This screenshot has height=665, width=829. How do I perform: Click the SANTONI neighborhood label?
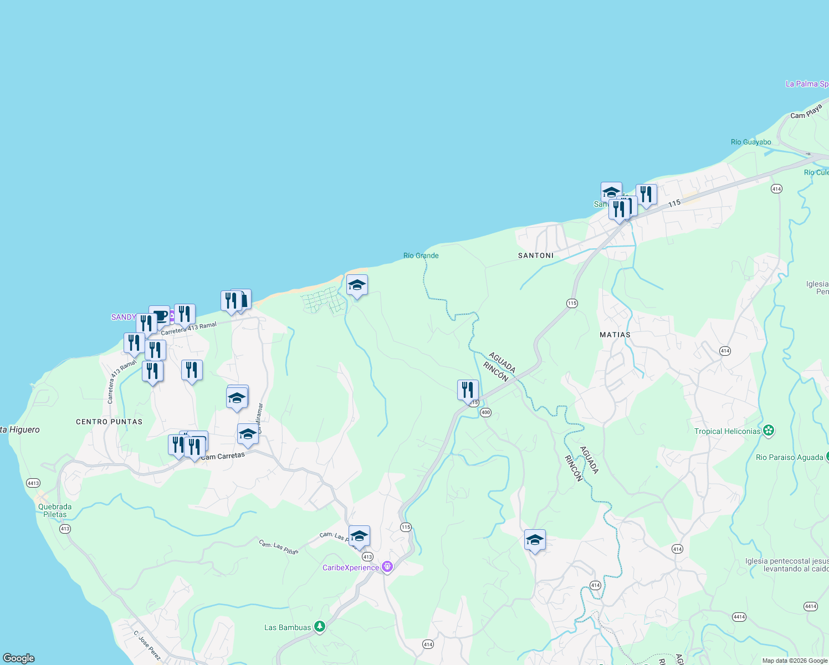pos(535,255)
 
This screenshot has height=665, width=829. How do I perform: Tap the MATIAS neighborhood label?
pos(615,335)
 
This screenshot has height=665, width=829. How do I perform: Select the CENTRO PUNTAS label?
pos(109,422)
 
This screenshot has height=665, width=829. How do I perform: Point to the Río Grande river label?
pos(421,255)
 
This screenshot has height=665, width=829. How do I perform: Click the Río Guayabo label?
pos(750,142)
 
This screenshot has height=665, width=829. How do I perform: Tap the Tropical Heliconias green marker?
pos(768,431)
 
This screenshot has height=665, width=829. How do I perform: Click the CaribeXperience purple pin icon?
pos(387,567)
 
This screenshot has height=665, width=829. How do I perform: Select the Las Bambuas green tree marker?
pos(319,627)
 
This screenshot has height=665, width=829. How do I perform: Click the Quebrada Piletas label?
pos(55,510)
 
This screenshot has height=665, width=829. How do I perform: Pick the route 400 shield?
pos(485,412)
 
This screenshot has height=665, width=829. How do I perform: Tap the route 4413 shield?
pos(33,483)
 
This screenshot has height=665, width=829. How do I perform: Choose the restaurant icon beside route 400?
pos(468,391)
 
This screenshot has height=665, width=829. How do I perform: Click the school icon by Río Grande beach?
pos(357,285)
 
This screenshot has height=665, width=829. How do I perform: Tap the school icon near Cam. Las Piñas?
pos(359,536)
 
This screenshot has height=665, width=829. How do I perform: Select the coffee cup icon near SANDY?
pos(160,316)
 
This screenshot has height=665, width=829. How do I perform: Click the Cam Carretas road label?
pos(223,456)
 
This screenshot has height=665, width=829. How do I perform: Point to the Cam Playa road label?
pos(806,111)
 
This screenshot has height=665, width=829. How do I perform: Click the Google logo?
pos(18,658)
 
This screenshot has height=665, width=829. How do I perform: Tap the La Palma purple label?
pos(807,84)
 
